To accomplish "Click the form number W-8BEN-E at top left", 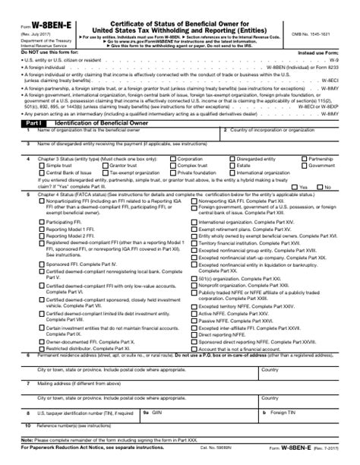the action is click(37, 11).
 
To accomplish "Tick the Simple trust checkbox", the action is click(41, 165).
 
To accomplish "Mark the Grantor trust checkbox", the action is click(104, 165).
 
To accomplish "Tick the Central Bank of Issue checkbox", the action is click(41, 172).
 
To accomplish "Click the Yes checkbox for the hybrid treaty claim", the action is click(293, 186).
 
